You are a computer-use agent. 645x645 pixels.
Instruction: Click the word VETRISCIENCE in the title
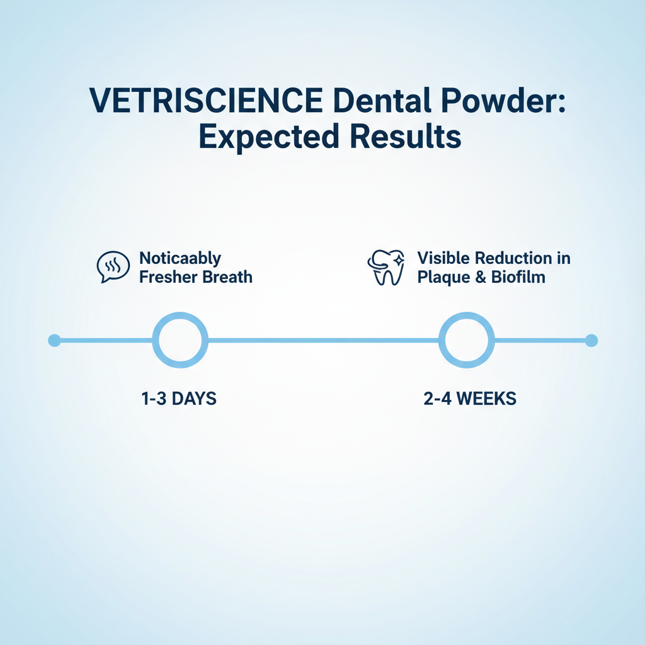(x=206, y=100)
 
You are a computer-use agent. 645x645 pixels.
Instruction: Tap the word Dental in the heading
(x=382, y=100)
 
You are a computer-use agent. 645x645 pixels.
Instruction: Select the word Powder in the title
(x=499, y=100)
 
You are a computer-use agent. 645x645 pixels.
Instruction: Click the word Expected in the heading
(x=269, y=137)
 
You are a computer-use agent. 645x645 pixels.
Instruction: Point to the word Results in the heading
(x=405, y=136)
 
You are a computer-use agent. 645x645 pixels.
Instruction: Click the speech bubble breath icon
(x=113, y=267)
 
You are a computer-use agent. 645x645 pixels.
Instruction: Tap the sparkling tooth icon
(x=386, y=267)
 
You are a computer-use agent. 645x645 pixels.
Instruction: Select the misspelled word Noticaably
(x=180, y=259)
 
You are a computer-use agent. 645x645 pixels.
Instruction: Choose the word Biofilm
(x=518, y=277)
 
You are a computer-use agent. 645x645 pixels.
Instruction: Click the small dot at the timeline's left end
(x=54, y=341)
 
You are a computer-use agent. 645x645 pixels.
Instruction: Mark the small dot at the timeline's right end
(x=591, y=341)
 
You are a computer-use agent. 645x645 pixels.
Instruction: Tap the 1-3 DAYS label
(x=179, y=399)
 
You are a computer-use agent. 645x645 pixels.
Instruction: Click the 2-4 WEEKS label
(x=470, y=399)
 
